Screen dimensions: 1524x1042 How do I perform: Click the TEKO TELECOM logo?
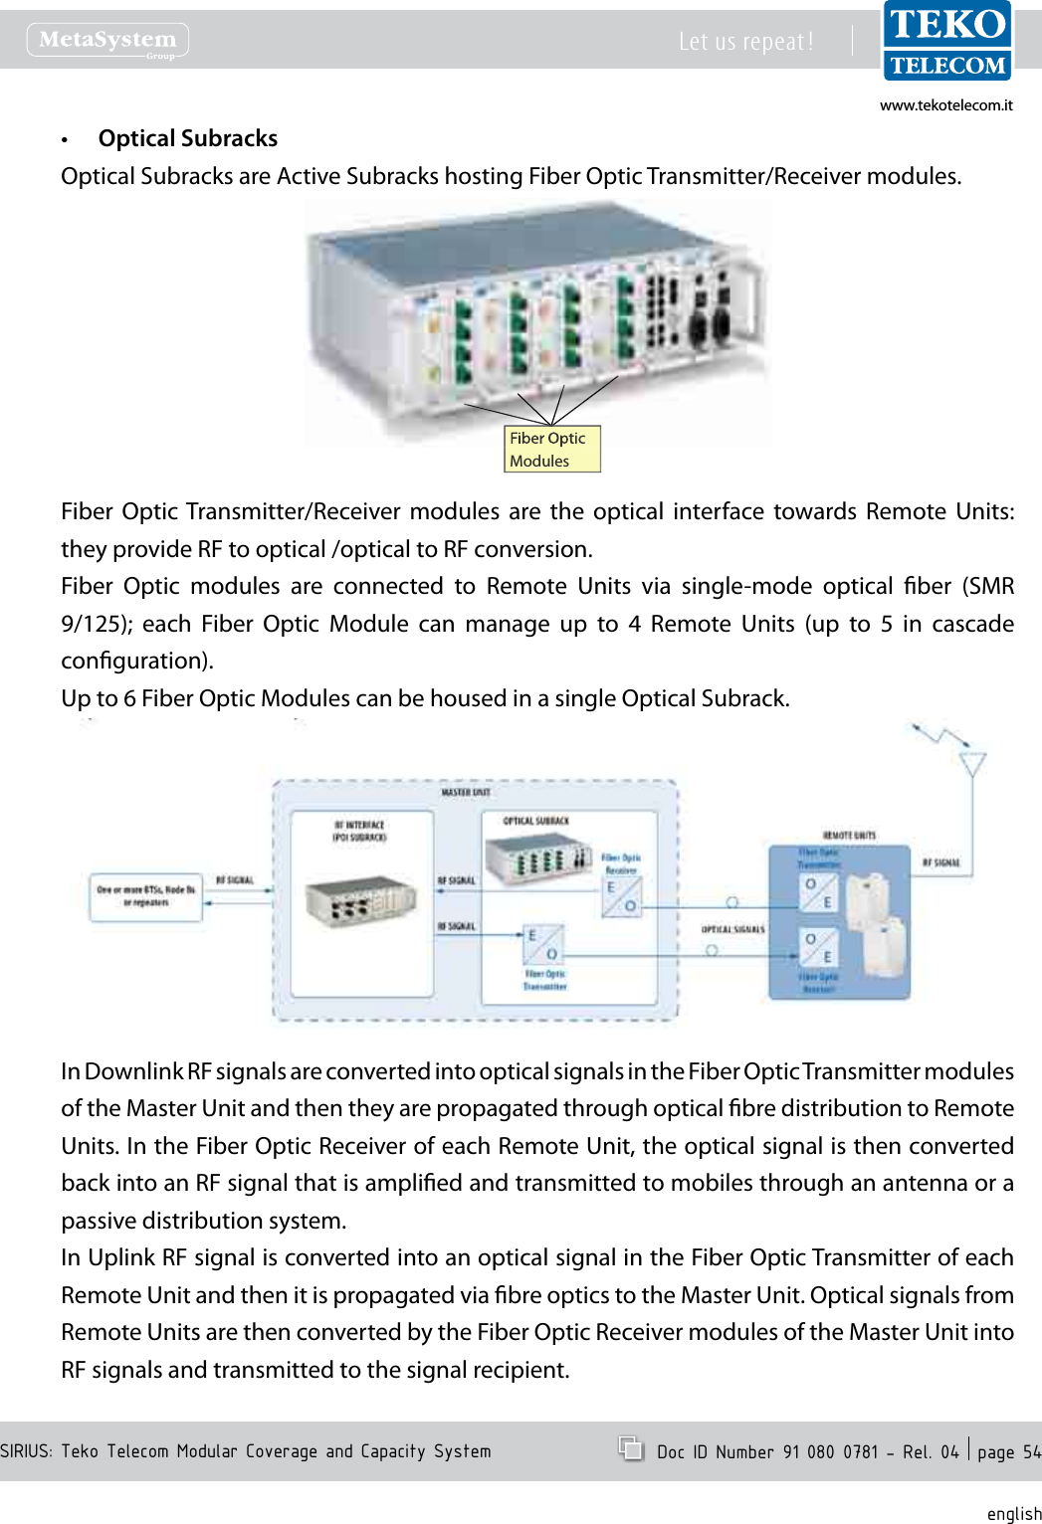(947, 41)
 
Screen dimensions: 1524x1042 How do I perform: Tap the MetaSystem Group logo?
(107, 41)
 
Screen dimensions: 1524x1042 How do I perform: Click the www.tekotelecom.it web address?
(945, 105)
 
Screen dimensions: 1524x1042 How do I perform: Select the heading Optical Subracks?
(187, 138)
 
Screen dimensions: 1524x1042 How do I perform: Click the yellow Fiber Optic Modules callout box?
(551, 450)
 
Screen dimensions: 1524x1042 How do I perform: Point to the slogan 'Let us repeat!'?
(745, 42)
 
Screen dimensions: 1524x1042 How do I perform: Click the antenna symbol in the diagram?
(971, 764)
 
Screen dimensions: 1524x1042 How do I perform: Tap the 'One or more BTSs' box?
(146, 896)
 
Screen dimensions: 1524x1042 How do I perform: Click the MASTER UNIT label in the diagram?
(466, 793)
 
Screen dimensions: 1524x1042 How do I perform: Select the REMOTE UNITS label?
(849, 836)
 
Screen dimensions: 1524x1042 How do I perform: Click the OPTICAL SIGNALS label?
(732, 929)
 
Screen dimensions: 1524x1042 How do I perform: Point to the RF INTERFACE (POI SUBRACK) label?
(359, 831)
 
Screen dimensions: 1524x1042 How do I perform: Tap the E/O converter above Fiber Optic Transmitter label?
(542, 944)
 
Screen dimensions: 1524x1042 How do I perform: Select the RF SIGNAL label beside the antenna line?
(940, 862)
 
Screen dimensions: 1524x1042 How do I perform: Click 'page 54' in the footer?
(1008, 1452)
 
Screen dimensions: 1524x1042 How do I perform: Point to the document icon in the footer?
(630, 1448)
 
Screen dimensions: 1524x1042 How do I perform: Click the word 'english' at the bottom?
(1013, 1513)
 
